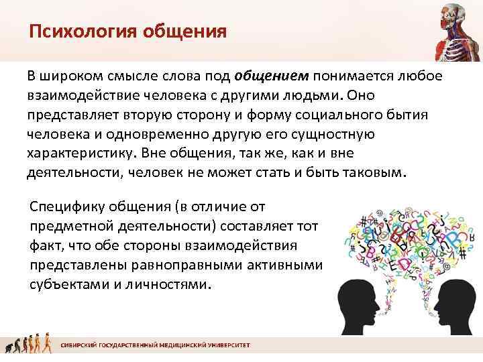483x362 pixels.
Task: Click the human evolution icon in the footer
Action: coord(27,346)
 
